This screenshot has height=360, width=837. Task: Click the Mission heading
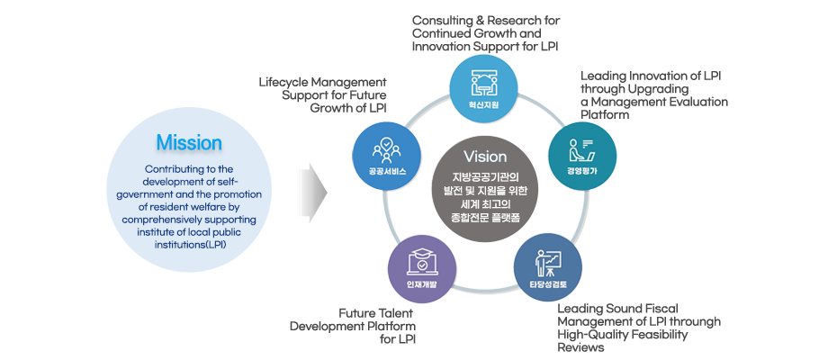tap(189, 143)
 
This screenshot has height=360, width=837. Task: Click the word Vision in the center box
tap(484, 157)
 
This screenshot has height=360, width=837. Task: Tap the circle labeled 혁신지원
tap(483, 89)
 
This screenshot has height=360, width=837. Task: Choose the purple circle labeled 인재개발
tap(421, 269)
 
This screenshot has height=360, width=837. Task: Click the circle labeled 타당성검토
tap(547, 268)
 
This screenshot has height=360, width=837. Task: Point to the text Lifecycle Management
tap(323, 82)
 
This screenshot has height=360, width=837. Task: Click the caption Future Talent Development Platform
tap(352, 325)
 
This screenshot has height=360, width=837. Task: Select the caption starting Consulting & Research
tap(485, 32)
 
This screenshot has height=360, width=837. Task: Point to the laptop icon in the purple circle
tap(421, 261)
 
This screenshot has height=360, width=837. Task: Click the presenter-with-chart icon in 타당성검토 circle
tap(547, 260)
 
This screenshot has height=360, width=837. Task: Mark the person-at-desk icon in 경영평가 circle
tap(582, 145)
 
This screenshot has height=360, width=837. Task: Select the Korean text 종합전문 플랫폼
tap(484, 218)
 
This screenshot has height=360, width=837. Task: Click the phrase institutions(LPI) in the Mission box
tap(189, 244)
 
